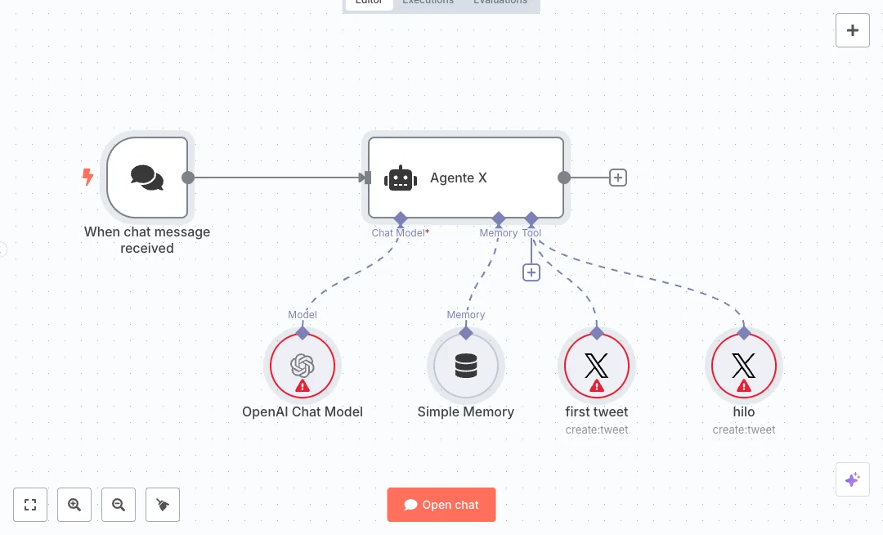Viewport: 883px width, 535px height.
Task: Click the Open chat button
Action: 441,505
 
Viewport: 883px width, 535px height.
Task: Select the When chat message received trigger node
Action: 147,178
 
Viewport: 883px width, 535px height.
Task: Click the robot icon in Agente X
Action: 401,178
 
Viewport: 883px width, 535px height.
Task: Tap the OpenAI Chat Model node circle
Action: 303,366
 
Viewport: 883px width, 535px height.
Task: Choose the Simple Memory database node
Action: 466,366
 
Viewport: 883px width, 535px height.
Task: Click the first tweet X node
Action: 597,366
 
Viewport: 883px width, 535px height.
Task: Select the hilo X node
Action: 744,366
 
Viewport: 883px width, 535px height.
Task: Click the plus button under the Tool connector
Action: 531,272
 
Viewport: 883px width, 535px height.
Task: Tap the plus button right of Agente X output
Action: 618,178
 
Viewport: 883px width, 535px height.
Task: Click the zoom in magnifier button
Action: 74,505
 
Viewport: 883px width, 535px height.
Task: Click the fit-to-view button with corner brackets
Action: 30,505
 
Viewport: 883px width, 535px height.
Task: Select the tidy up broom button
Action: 163,505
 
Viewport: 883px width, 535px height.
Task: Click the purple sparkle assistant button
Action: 852,479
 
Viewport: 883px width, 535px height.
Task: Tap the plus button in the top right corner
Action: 853,30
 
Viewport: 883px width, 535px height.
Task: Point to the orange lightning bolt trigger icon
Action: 87,177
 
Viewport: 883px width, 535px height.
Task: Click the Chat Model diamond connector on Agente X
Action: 401,218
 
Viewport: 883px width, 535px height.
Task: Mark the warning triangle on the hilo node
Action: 744,385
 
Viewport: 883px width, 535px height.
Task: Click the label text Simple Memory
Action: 466,411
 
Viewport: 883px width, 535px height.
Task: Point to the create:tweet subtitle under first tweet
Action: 597,429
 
